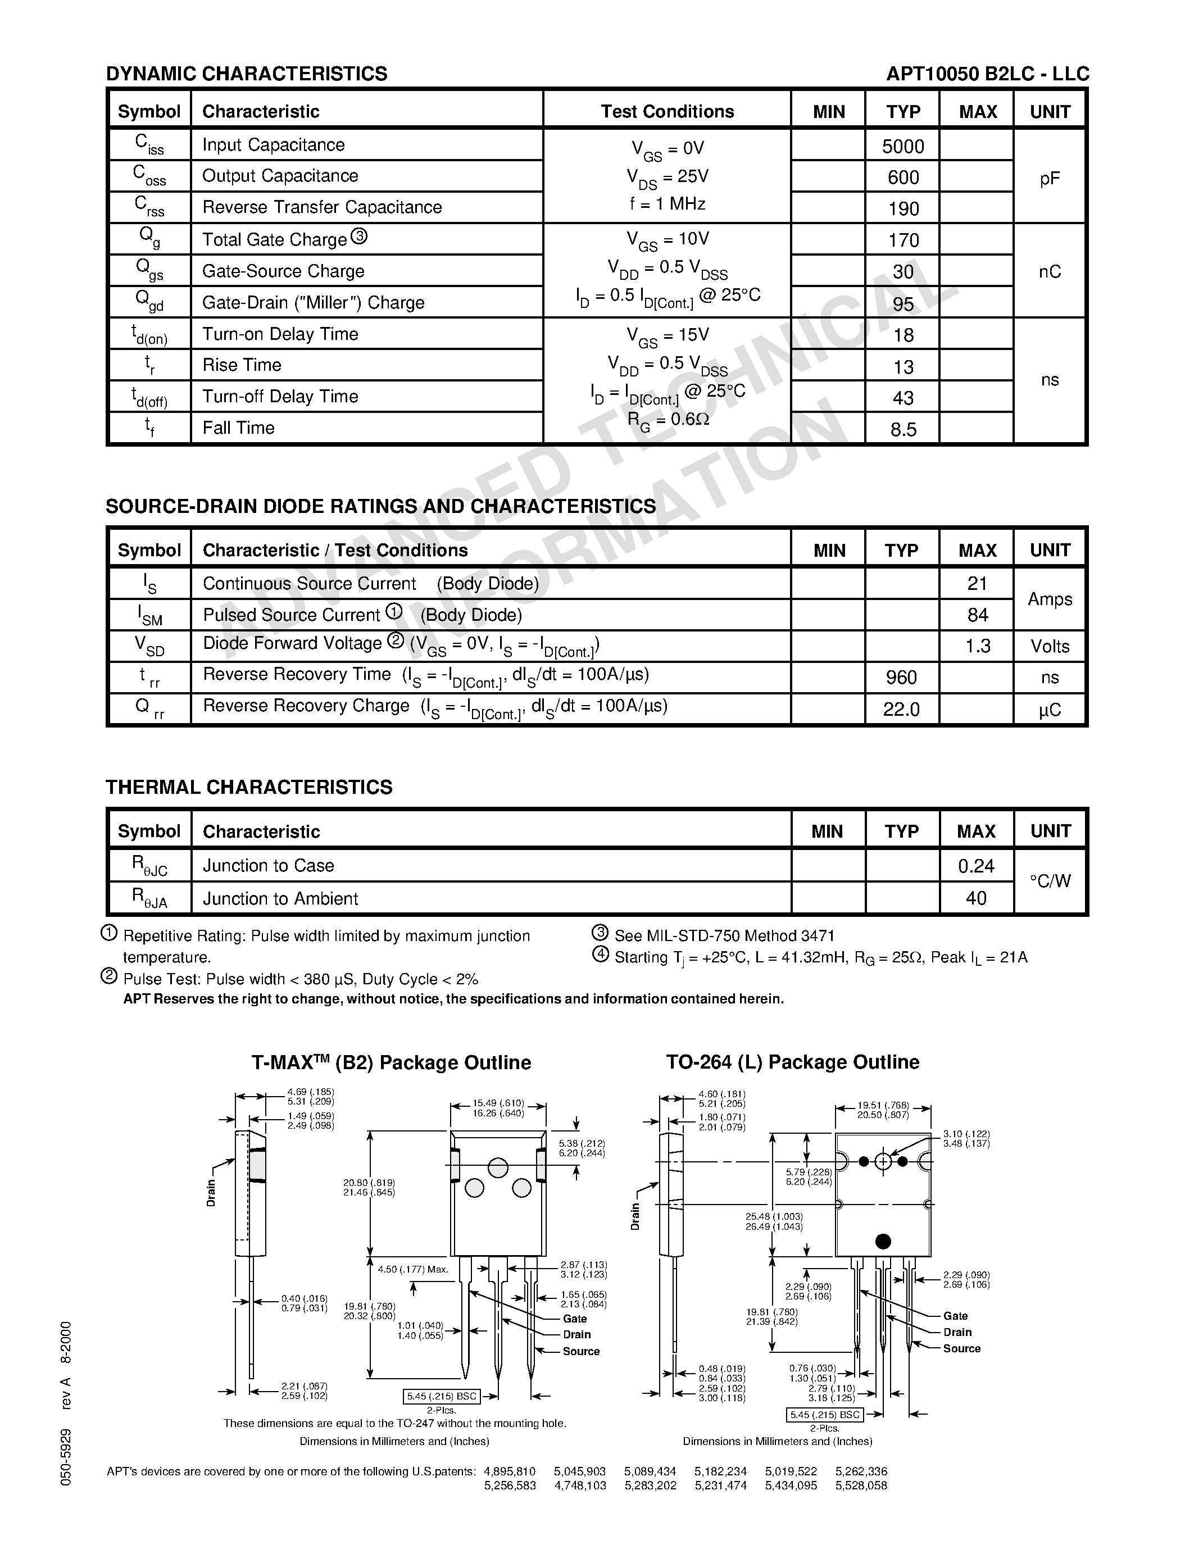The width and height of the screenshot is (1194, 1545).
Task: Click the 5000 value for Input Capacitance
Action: [x=902, y=147]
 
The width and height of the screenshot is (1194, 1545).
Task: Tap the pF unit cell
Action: [x=1050, y=178]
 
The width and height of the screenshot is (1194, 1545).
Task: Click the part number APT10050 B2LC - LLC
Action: [x=987, y=74]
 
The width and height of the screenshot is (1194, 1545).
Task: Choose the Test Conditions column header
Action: [x=667, y=111]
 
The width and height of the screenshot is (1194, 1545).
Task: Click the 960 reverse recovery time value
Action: [x=901, y=678]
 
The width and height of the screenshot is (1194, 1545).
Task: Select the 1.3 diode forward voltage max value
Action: [x=978, y=646]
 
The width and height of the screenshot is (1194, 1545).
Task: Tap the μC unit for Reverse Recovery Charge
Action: [x=1050, y=710]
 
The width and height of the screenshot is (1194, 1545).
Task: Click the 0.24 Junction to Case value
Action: [x=976, y=866]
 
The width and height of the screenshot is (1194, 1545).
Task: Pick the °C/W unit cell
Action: [x=1050, y=881]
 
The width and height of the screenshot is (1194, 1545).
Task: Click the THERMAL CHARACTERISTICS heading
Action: [x=249, y=787]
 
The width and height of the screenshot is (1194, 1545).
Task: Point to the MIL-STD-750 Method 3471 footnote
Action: [x=724, y=936]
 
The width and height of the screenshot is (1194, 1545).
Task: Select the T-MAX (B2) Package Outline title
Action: [x=391, y=1062]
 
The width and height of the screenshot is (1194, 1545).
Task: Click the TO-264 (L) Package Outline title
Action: [x=792, y=1062]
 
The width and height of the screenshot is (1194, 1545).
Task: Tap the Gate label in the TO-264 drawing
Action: [x=955, y=1316]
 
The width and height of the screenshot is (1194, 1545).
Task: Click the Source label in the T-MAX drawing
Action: [x=581, y=1351]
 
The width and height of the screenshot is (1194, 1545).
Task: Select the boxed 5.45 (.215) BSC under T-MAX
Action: [x=442, y=1397]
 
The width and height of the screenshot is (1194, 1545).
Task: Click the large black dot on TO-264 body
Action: [x=883, y=1241]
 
